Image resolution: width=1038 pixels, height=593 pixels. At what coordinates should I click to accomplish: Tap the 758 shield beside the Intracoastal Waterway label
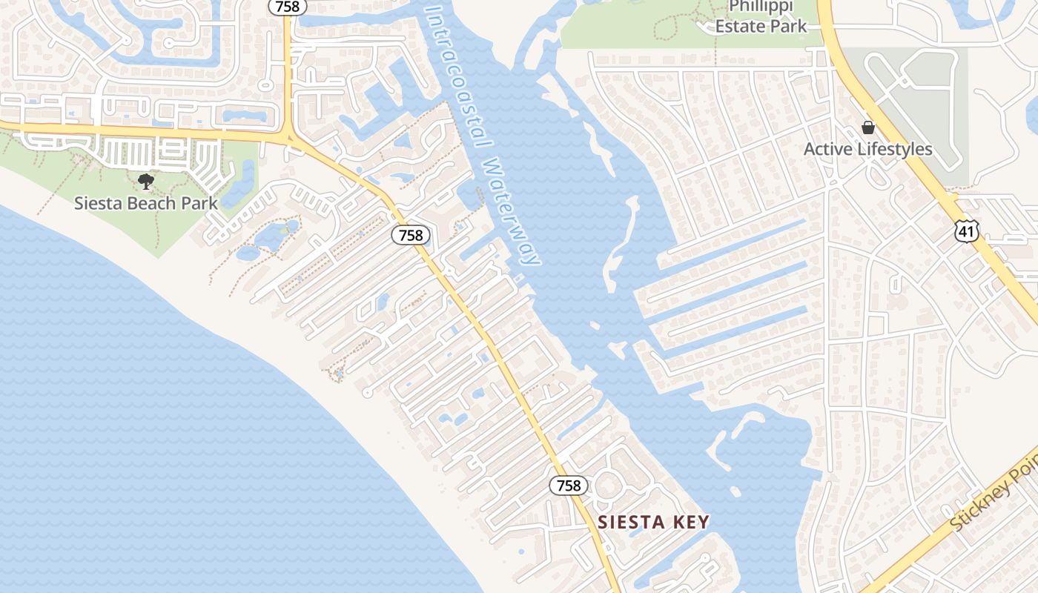coord(410,236)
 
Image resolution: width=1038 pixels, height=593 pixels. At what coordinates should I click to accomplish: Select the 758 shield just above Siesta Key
coord(569,486)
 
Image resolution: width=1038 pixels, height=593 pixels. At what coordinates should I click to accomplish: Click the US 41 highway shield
coord(967,231)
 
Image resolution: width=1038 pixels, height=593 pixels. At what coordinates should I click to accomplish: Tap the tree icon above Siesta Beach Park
coord(145,181)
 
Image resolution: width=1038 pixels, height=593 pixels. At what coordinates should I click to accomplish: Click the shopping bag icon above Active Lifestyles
coord(868,128)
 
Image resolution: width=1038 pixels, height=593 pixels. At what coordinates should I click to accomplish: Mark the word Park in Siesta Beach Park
coord(199,203)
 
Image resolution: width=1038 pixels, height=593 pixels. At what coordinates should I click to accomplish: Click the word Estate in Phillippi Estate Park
coord(740,26)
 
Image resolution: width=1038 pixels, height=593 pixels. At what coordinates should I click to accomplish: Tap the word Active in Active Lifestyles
coord(825,149)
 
